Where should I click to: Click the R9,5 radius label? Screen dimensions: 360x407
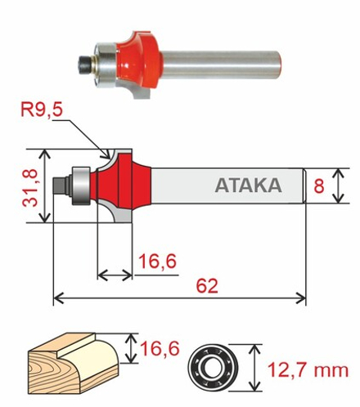coord(42,110)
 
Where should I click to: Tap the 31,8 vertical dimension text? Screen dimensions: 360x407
coord(30,187)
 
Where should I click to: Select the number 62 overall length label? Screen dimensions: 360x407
coord(207,285)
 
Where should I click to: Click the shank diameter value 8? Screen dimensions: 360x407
coord(319,186)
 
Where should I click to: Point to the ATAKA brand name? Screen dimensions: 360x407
coord(248,186)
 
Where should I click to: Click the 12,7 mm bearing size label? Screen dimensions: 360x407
coord(308,370)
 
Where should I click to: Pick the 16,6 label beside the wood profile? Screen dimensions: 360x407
coord(160,348)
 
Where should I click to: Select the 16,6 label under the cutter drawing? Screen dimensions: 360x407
coord(158,261)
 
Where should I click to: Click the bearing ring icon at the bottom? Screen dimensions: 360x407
coord(213,367)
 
